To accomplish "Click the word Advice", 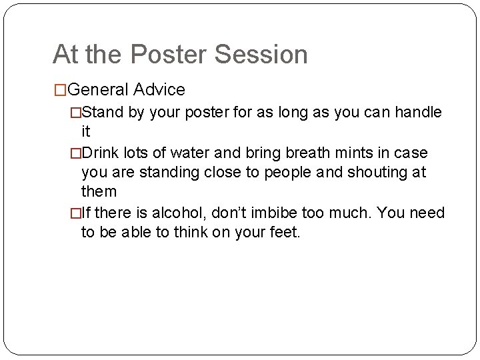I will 159,89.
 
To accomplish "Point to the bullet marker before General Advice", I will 60,89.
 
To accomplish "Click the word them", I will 99,193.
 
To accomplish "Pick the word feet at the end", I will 287,233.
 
